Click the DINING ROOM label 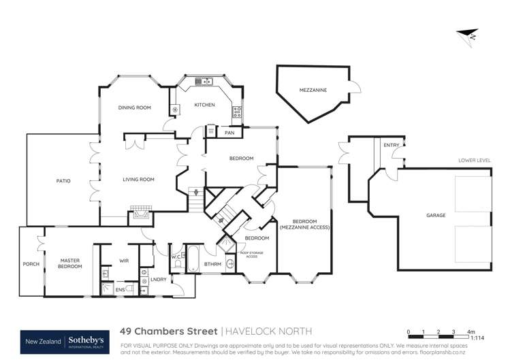[134, 108]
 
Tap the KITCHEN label [205, 105]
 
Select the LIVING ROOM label [138, 180]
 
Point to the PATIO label [63, 180]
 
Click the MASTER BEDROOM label [71, 263]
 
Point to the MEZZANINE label [313, 89]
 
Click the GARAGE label [436, 215]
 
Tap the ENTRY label [392, 145]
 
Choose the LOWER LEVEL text [475, 160]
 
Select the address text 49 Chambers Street [168, 331]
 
